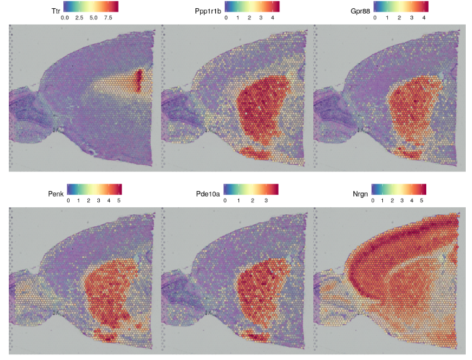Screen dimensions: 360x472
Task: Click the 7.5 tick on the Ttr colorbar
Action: point(107,18)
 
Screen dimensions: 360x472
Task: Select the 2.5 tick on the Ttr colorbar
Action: point(79,18)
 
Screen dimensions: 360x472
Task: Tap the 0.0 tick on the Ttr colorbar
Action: point(65,18)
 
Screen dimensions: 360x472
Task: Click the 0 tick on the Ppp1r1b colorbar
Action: point(226,18)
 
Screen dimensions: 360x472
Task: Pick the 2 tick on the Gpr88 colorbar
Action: point(400,18)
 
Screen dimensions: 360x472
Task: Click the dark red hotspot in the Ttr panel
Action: point(139,81)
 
